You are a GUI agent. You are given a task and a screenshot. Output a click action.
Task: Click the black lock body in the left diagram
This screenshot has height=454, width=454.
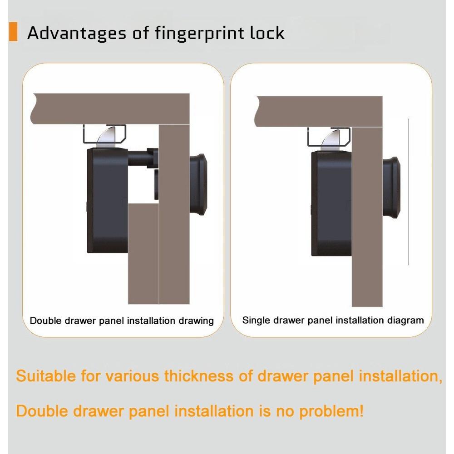(107, 200)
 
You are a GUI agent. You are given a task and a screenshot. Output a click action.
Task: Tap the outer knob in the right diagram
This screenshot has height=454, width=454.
(391, 187)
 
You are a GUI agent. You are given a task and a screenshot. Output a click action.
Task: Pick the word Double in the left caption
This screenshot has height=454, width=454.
(45, 321)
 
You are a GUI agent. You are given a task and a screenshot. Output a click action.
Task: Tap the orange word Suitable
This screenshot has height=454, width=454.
(45, 376)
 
